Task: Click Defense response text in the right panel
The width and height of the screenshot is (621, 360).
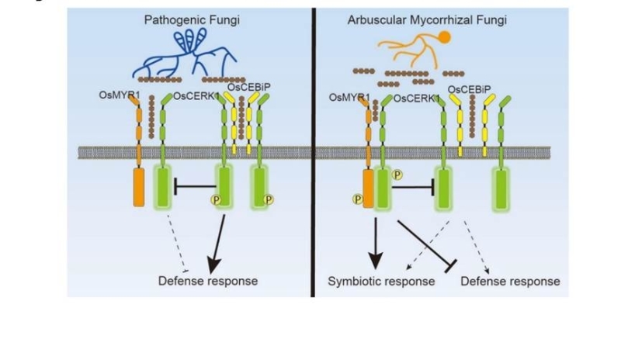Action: click(x=510, y=281)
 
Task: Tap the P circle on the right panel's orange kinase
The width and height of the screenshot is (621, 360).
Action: click(x=359, y=199)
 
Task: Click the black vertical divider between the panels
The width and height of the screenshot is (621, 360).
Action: click(x=314, y=155)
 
